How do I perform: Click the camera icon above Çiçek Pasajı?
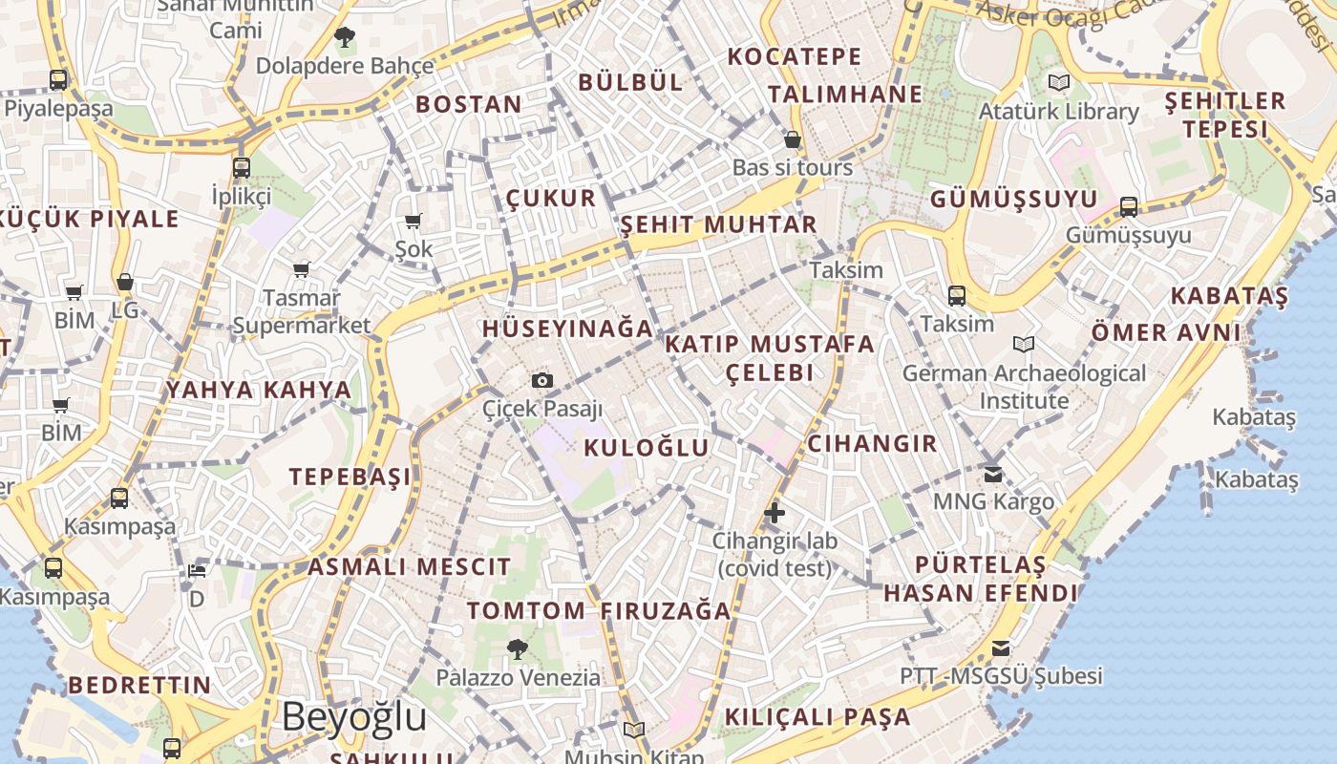(x=542, y=381)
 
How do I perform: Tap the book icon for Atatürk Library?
(x=1058, y=83)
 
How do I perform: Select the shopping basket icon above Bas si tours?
(x=792, y=139)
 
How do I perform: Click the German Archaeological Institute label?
(x=1024, y=386)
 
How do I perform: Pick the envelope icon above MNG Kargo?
(x=993, y=473)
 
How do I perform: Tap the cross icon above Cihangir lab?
(x=775, y=513)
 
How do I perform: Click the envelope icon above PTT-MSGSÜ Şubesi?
(x=1000, y=648)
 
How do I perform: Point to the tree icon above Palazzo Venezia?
(x=517, y=649)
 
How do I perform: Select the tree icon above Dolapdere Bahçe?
(x=344, y=38)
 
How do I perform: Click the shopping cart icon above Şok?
(x=414, y=222)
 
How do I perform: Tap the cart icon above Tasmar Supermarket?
(x=302, y=270)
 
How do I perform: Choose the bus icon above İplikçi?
(x=242, y=168)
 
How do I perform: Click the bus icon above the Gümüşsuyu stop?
(x=1128, y=206)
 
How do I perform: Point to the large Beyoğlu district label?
(x=353, y=716)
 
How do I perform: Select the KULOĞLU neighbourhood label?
(x=647, y=448)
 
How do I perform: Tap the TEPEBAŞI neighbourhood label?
(x=350, y=477)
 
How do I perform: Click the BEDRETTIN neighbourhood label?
(x=139, y=685)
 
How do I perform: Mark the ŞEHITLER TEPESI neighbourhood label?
(x=1225, y=115)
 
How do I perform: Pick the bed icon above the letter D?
(x=197, y=571)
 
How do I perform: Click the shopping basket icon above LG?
(x=125, y=283)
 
